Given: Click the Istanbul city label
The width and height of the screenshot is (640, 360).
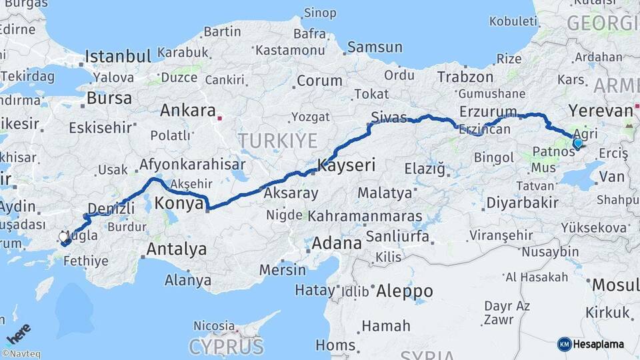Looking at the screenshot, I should coord(118,56).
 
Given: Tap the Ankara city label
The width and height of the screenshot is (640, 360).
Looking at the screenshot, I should coord(189,110).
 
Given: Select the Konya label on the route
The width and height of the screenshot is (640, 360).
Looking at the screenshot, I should coord(178,204).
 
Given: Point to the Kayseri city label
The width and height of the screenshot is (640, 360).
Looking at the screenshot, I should coord(347,164).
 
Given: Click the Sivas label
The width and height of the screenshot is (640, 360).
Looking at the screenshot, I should coord(389,117).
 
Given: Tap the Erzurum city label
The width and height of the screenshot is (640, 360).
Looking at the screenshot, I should coord(488,111).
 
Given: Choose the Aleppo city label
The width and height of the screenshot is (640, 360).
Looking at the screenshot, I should coord(404,291).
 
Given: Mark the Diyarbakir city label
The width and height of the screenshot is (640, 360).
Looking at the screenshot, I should coord(522,202).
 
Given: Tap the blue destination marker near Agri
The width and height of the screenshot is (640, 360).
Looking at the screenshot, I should coord(577,142).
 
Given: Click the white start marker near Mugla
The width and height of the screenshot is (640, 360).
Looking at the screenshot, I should coord(63,237).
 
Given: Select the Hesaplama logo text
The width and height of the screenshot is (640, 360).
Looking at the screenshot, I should coord(599,344).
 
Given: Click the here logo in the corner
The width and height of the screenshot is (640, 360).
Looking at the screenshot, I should coord(18,333).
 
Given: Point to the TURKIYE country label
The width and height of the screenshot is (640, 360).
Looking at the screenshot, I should coord(278,140).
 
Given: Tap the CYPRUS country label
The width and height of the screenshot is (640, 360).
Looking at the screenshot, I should coord(226,347).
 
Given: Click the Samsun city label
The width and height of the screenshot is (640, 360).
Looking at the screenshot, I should coord(375,47).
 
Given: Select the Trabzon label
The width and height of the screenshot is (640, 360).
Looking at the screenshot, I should coord(465,77).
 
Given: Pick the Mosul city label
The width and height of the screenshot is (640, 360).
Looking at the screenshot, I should coord(615,285).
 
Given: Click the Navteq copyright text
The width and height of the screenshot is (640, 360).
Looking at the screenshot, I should coord(21,354).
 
